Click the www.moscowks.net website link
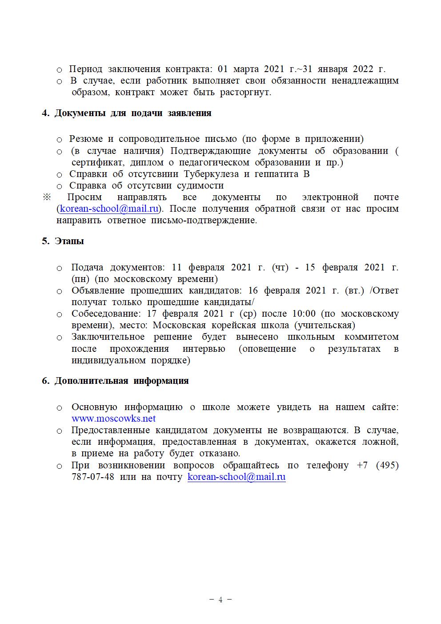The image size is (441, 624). tap(113, 419)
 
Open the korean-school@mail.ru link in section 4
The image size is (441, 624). tap(109, 209)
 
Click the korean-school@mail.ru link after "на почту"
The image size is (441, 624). tap(236, 477)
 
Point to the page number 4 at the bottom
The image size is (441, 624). tap(220, 600)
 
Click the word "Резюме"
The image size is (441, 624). tap(86, 139)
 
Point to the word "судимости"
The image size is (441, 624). tap(200, 185)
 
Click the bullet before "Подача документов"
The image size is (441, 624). tap(59, 268)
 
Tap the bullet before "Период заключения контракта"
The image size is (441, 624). tap(59, 70)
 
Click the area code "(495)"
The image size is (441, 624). tap(387, 466)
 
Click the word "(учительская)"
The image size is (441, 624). tap(325, 326)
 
